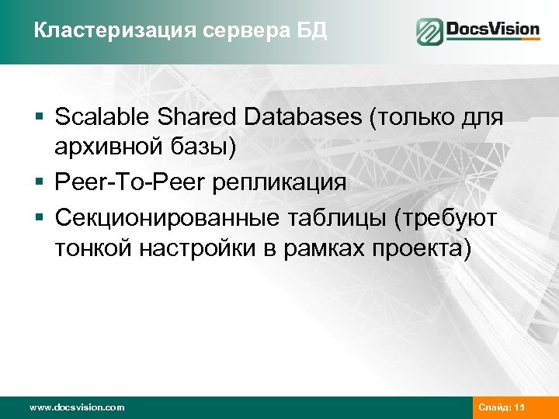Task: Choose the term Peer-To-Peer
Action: click(x=127, y=183)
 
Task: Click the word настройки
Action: click(x=213, y=250)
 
